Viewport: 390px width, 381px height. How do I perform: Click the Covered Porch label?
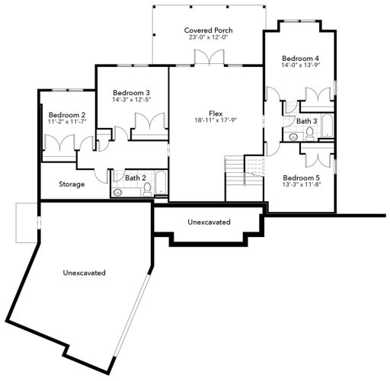208,30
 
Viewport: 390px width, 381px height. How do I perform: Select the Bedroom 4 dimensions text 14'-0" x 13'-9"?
300,66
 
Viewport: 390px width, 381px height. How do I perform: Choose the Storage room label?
72,184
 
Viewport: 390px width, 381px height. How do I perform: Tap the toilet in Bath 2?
147,188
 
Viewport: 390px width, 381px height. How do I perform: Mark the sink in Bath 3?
293,137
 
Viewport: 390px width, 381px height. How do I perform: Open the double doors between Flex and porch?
206,58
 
